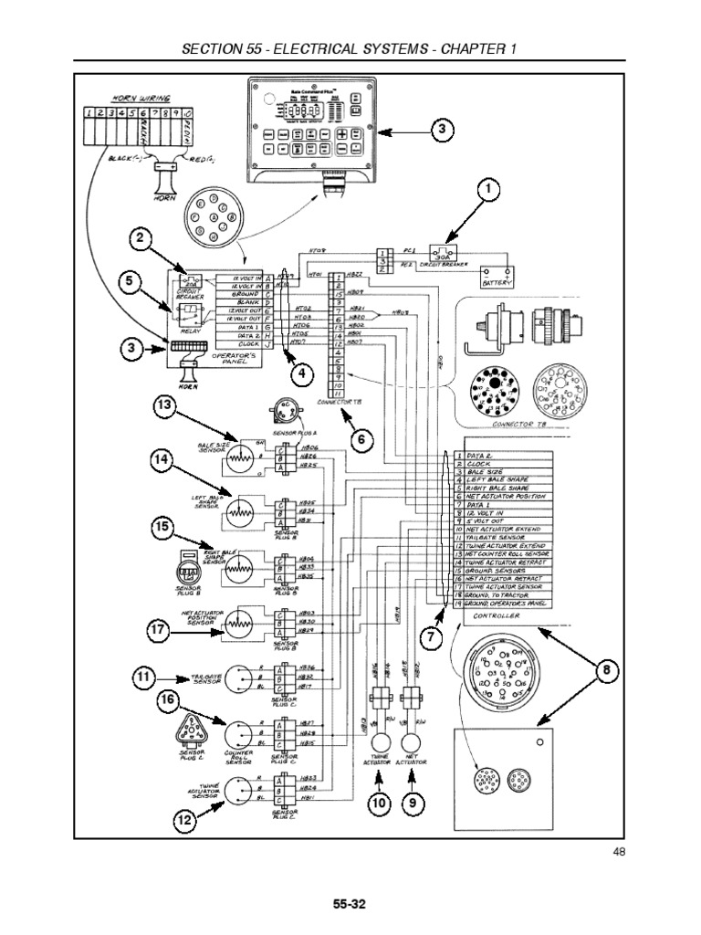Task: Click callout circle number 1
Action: (x=488, y=190)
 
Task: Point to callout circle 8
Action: (x=605, y=671)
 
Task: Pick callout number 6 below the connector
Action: (x=361, y=439)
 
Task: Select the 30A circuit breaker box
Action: (x=445, y=253)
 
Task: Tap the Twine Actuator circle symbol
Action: (x=378, y=738)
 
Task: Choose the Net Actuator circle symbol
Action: (x=413, y=738)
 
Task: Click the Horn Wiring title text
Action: (x=136, y=98)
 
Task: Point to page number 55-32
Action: (x=350, y=904)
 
